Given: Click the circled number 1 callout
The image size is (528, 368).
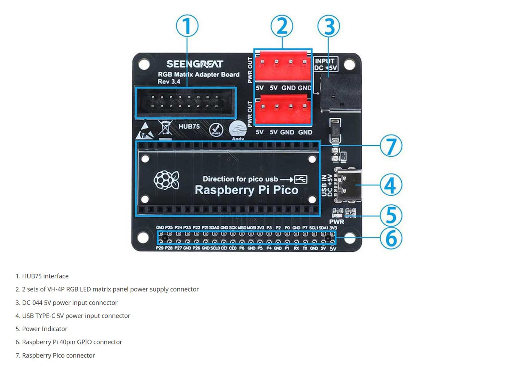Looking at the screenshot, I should point(187,26).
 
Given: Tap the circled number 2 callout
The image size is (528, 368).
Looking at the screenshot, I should point(282,26).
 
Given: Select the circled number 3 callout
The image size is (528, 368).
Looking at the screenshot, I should point(328,26).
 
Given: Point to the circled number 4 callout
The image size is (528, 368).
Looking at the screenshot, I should point(391,185).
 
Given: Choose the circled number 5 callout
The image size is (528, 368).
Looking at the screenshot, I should point(391,215).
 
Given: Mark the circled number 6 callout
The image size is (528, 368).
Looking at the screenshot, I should point(391,238).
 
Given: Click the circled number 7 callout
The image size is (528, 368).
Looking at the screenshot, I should point(391,146).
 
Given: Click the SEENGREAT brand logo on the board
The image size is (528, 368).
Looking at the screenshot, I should point(195,64).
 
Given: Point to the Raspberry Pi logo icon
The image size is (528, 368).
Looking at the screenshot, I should point(166,180).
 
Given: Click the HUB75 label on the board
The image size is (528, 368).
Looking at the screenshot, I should point(189,126).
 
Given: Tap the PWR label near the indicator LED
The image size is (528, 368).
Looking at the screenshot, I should point(336,222).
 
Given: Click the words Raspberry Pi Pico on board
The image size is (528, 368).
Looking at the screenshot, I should point(247,190).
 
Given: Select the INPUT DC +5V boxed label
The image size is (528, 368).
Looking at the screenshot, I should point(325,64).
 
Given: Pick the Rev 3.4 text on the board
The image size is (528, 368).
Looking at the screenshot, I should point(169,82).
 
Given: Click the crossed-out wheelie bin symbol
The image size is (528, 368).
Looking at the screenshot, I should point(165,128).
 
